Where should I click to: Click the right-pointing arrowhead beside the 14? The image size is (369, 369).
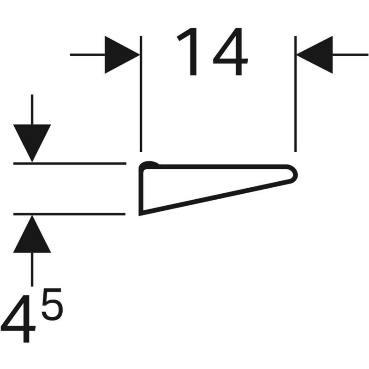point(121,55)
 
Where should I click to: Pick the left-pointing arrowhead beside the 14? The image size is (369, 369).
point(315,55)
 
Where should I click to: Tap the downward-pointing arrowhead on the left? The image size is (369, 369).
point(32,142)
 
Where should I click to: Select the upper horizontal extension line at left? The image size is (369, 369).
point(69,163)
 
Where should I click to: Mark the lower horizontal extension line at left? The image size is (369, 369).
point(69,214)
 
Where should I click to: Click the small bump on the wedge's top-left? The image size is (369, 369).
point(150,164)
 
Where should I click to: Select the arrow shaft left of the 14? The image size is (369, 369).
point(88,55)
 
